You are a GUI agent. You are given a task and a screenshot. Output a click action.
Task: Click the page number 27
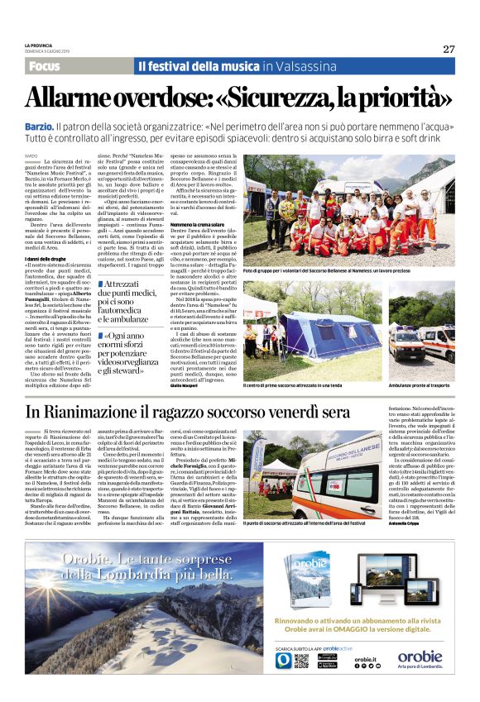tap(448, 49)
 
